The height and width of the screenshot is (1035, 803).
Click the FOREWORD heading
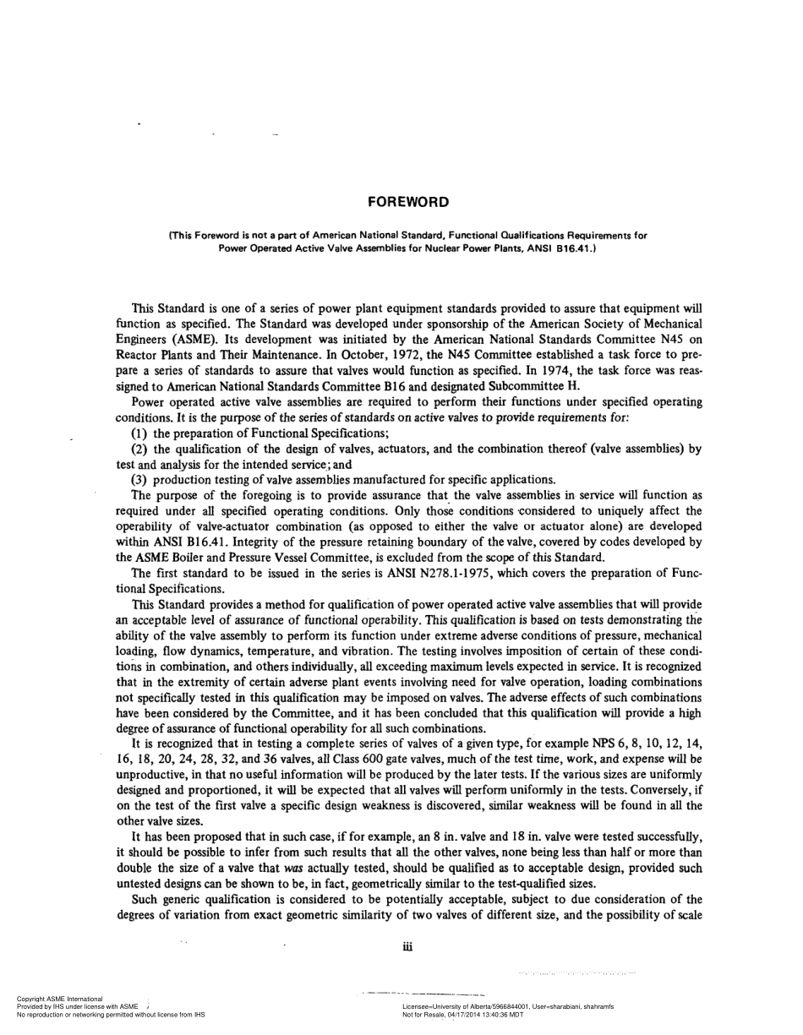(408, 202)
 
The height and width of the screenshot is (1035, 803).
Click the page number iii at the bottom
(408, 947)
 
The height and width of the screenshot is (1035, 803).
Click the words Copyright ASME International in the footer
(60, 999)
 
